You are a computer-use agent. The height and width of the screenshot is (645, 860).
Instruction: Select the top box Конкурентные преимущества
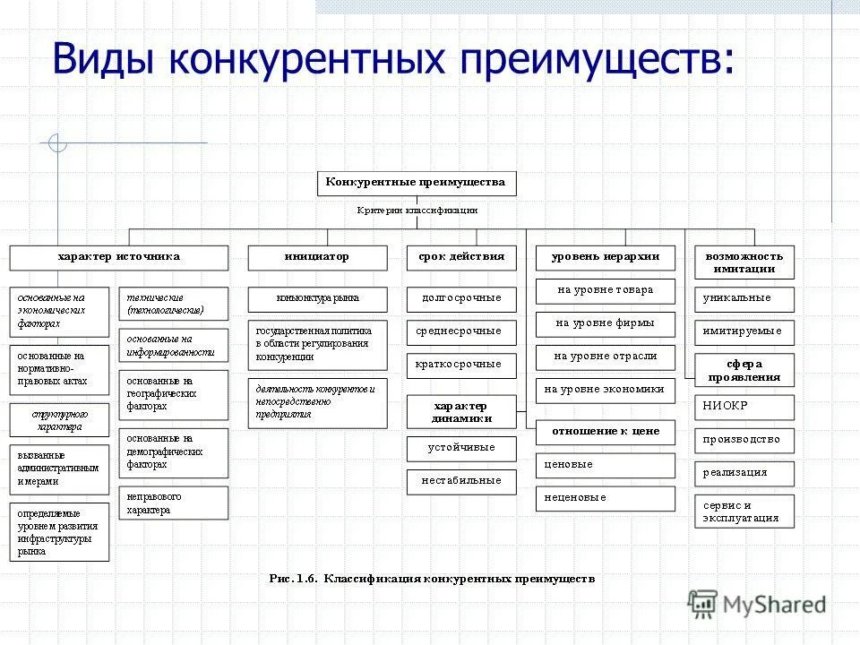pos(417,183)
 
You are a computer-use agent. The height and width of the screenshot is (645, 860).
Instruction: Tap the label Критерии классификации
pos(417,211)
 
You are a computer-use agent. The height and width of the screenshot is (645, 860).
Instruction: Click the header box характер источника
pos(118,257)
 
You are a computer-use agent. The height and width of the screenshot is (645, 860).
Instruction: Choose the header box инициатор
pos(317,257)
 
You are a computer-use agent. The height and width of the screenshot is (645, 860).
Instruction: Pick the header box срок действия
pos(461,257)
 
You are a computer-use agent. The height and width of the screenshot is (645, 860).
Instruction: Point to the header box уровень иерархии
pos(606,257)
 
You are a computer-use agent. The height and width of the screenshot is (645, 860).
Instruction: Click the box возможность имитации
pos(744,262)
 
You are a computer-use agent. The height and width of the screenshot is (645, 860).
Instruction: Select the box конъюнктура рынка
pos(317,299)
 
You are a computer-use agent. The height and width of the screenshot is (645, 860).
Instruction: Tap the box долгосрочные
pos(461,298)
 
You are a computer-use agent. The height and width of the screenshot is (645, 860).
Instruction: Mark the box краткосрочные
pos(461,365)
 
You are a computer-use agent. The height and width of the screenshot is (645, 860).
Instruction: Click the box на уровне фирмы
pos(606,323)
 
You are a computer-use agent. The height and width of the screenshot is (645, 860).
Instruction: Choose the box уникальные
pos(744,298)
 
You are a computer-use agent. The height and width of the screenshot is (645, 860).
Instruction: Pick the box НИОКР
pos(744,407)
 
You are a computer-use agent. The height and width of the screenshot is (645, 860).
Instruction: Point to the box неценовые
pos(606,498)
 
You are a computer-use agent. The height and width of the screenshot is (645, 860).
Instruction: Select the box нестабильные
pos(461,481)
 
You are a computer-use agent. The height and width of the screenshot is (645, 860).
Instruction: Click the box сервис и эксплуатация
pos(744,512)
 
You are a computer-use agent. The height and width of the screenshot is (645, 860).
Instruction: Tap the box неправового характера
pos(173,503)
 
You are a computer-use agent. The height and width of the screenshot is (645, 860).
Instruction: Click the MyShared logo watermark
pos(757,604)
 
